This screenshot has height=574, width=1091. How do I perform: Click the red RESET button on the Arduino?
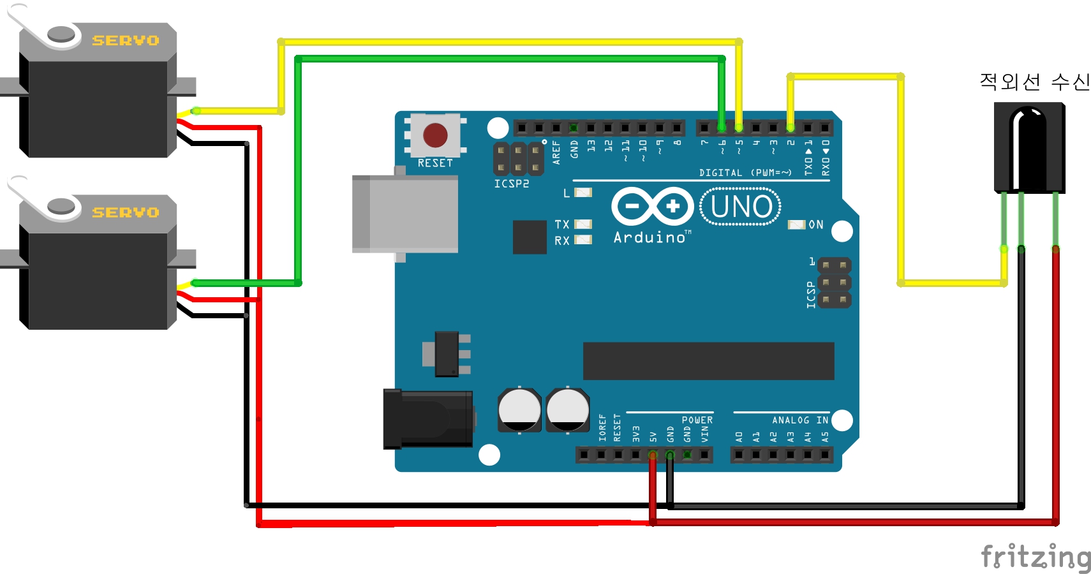pos(435,135)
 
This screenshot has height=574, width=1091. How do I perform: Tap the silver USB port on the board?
pos(405,214)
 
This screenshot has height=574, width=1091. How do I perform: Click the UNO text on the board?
pos(741,207)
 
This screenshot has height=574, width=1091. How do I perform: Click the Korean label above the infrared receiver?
pos(1034,82)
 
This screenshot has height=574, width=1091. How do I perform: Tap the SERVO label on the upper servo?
pos(125,40)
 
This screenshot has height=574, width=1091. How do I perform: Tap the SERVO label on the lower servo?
pos(125,212)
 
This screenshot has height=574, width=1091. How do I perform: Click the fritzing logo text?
pos(1035,557)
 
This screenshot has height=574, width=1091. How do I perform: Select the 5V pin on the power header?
pos(653,455)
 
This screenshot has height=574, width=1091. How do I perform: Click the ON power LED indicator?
pos(796,224)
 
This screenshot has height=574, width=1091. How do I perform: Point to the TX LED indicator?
pos(583,224)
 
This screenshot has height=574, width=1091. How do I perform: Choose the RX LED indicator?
pos(583,240)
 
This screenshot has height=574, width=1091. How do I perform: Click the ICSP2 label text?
pos(511,184)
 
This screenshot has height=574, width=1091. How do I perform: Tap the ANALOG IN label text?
pos(799,420)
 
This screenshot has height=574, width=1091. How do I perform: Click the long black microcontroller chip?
pos(708,361)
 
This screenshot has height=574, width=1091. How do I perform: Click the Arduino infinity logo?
pos(652,206)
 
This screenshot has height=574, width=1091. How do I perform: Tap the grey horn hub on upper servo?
pos(61,34)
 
